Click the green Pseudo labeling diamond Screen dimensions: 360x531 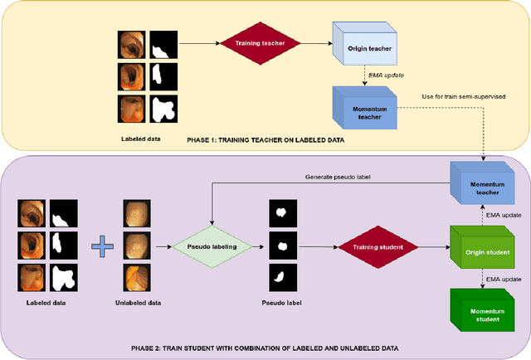pyautogui.click(x=213, y=246)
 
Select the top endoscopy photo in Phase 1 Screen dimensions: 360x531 pyautogui.click(x=130, y=43)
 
